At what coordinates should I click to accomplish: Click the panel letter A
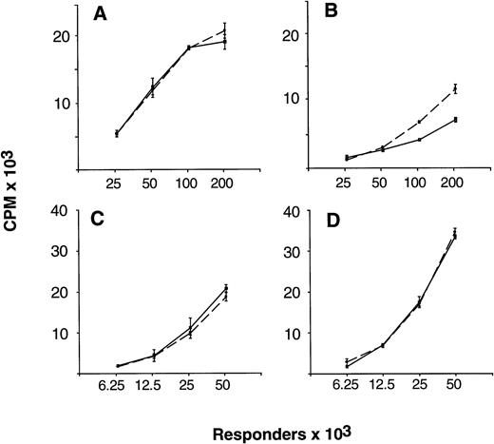point(98,15)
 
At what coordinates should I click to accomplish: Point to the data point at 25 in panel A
point(117,133)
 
